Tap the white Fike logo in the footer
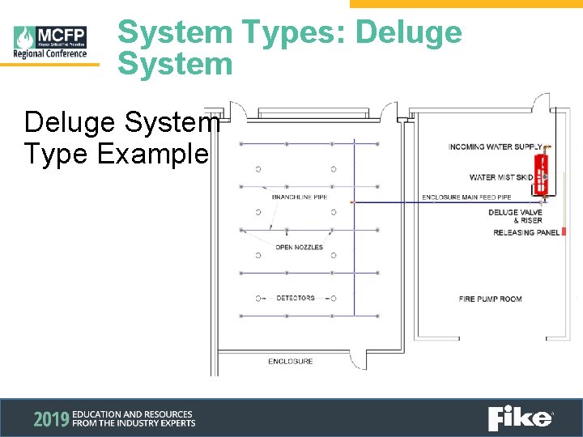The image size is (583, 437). [x=520, y=418]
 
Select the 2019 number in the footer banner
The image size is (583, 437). [x=49, y=418]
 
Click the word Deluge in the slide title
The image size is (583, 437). [x=409, y=32]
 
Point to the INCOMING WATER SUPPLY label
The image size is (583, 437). [x=495, y=147]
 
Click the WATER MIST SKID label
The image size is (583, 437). [x=501, y=177]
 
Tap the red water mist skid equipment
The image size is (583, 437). [x=544, y=172]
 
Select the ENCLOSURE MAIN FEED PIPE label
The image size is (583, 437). [x=466, y=197]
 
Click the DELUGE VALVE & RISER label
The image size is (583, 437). [x=515, y=216]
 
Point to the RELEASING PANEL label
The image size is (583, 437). [x=526, y=233]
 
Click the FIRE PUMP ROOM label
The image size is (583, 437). [x=490, y=299]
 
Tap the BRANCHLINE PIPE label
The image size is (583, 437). [x=300, y=197]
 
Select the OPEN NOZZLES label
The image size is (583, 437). [x=299, y=248]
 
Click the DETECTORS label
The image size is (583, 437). [x=296, y=299]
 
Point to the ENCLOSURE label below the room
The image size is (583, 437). [x=291, y=361]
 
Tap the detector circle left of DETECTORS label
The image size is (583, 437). [x=257, y=299]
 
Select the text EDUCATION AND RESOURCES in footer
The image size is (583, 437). [x=133, y=414]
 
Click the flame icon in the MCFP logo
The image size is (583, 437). [x=25, y=37]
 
